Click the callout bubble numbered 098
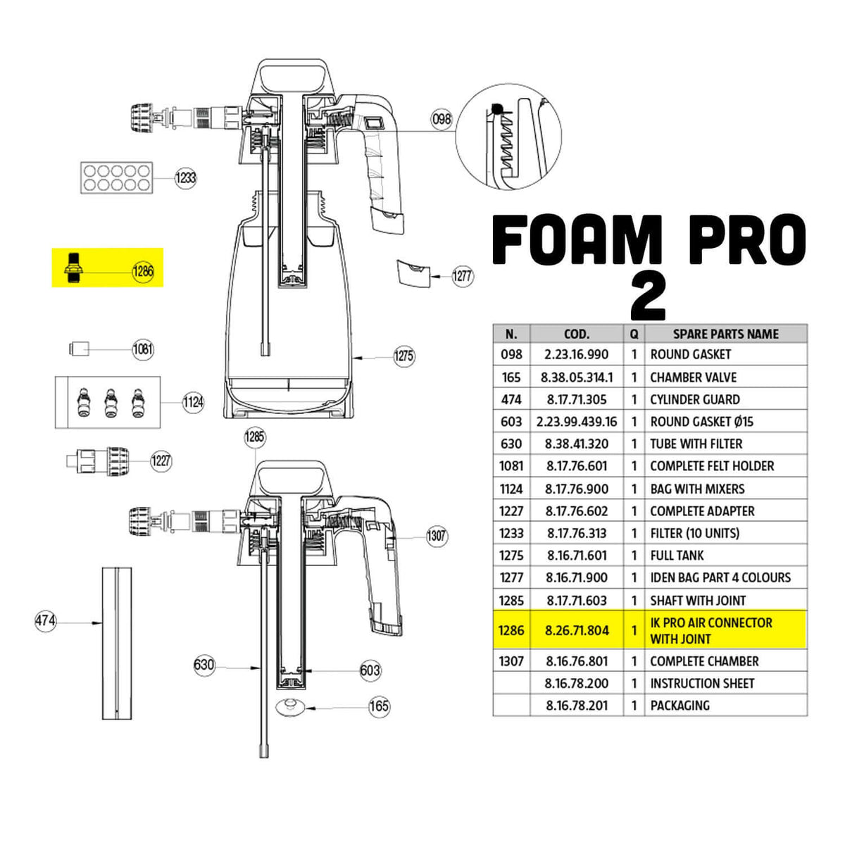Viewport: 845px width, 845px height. click(442, 119)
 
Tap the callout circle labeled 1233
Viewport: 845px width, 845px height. click(185, 177)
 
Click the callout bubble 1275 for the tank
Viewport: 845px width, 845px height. click(403, 356)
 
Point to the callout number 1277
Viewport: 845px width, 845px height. click(462, 276)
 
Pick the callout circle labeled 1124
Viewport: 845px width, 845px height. click(193, 402)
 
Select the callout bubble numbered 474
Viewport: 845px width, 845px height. click(46, 621)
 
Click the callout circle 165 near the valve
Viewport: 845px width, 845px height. click(379, 706)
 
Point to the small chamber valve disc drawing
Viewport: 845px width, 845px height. click(289, 706)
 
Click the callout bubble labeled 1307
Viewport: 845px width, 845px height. click(437, 536)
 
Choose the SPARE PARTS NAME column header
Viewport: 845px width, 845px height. click(725, 334)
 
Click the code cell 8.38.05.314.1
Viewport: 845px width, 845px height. click(577, 377)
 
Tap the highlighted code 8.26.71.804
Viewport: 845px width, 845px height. click(577, 630)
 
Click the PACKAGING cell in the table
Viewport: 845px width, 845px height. click(680, 705)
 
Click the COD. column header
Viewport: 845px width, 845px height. click(577, 334)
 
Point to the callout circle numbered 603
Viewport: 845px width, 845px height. click(370, 670)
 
